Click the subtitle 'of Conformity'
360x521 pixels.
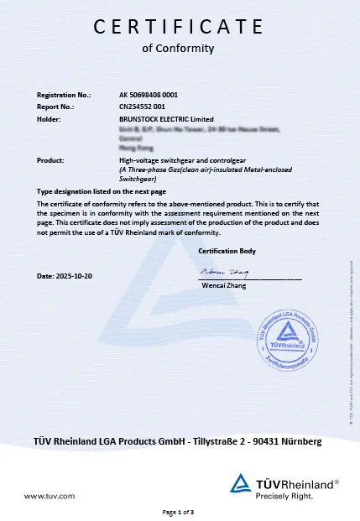[179, 48]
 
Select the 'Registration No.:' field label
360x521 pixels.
[65, 96]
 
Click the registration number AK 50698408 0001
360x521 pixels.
[149, 96]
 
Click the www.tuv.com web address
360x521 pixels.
[50, 497]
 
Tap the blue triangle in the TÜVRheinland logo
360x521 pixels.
[241, 483]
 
